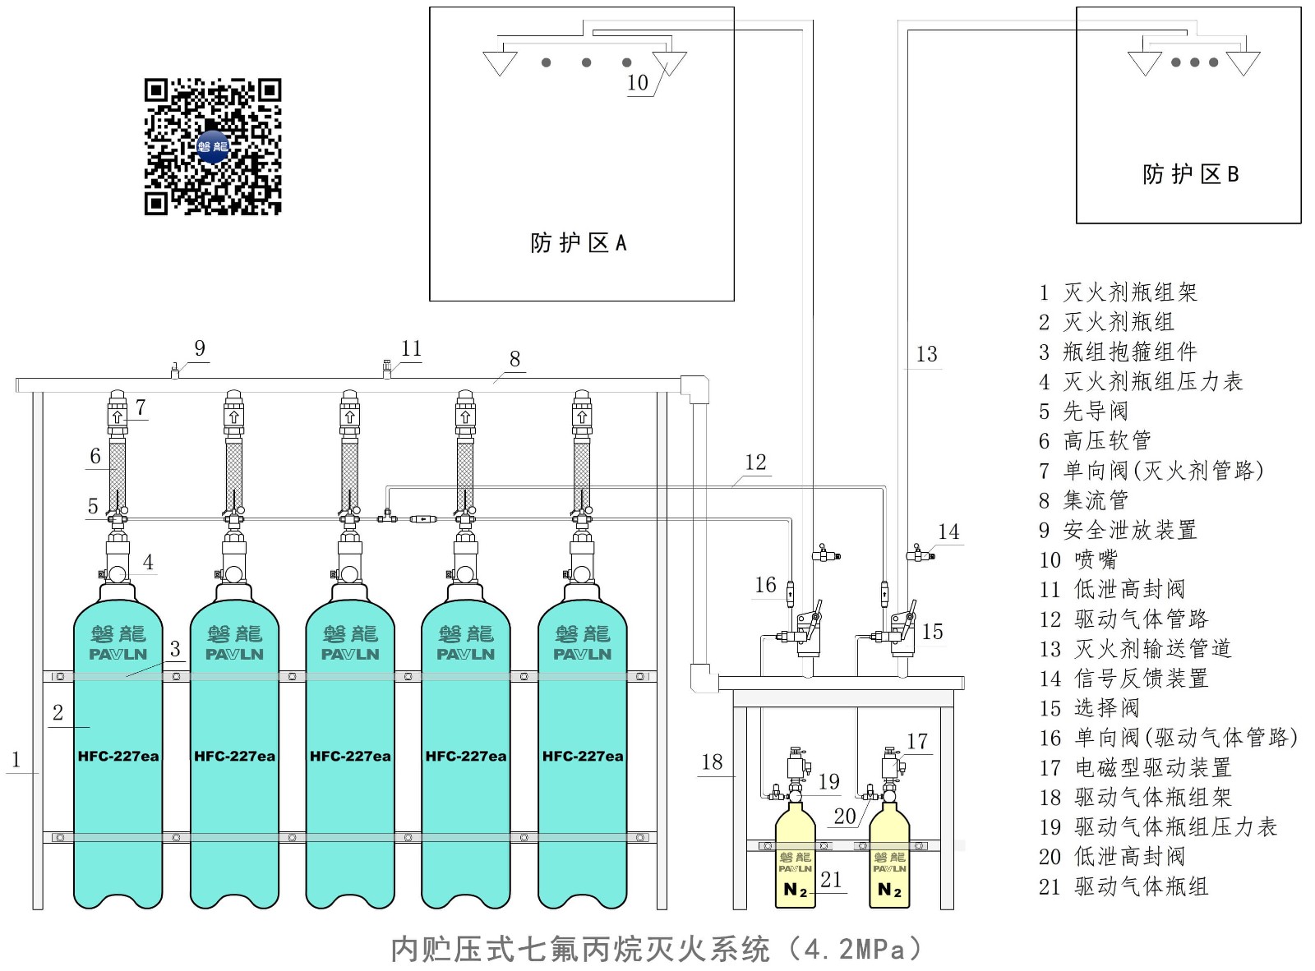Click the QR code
coord(213,147)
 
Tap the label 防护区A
coord(578,243)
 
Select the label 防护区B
coord(1190,174)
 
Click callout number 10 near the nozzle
coord(638,83)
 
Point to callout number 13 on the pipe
coord(926,354)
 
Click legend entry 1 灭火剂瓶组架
coord(1118,292)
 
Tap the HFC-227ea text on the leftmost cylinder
coord(118,757)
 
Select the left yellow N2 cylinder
coord(796,863)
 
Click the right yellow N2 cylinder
coord(889,863)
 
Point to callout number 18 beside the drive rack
coord(712,762)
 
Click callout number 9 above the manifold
coord(200,348)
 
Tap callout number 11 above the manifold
coord(411,349)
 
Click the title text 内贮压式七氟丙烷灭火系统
coord(579,950)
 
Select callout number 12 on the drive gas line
coord(755,462)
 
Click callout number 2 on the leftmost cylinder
coord(58,713)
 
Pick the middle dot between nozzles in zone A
coord(586,62)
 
